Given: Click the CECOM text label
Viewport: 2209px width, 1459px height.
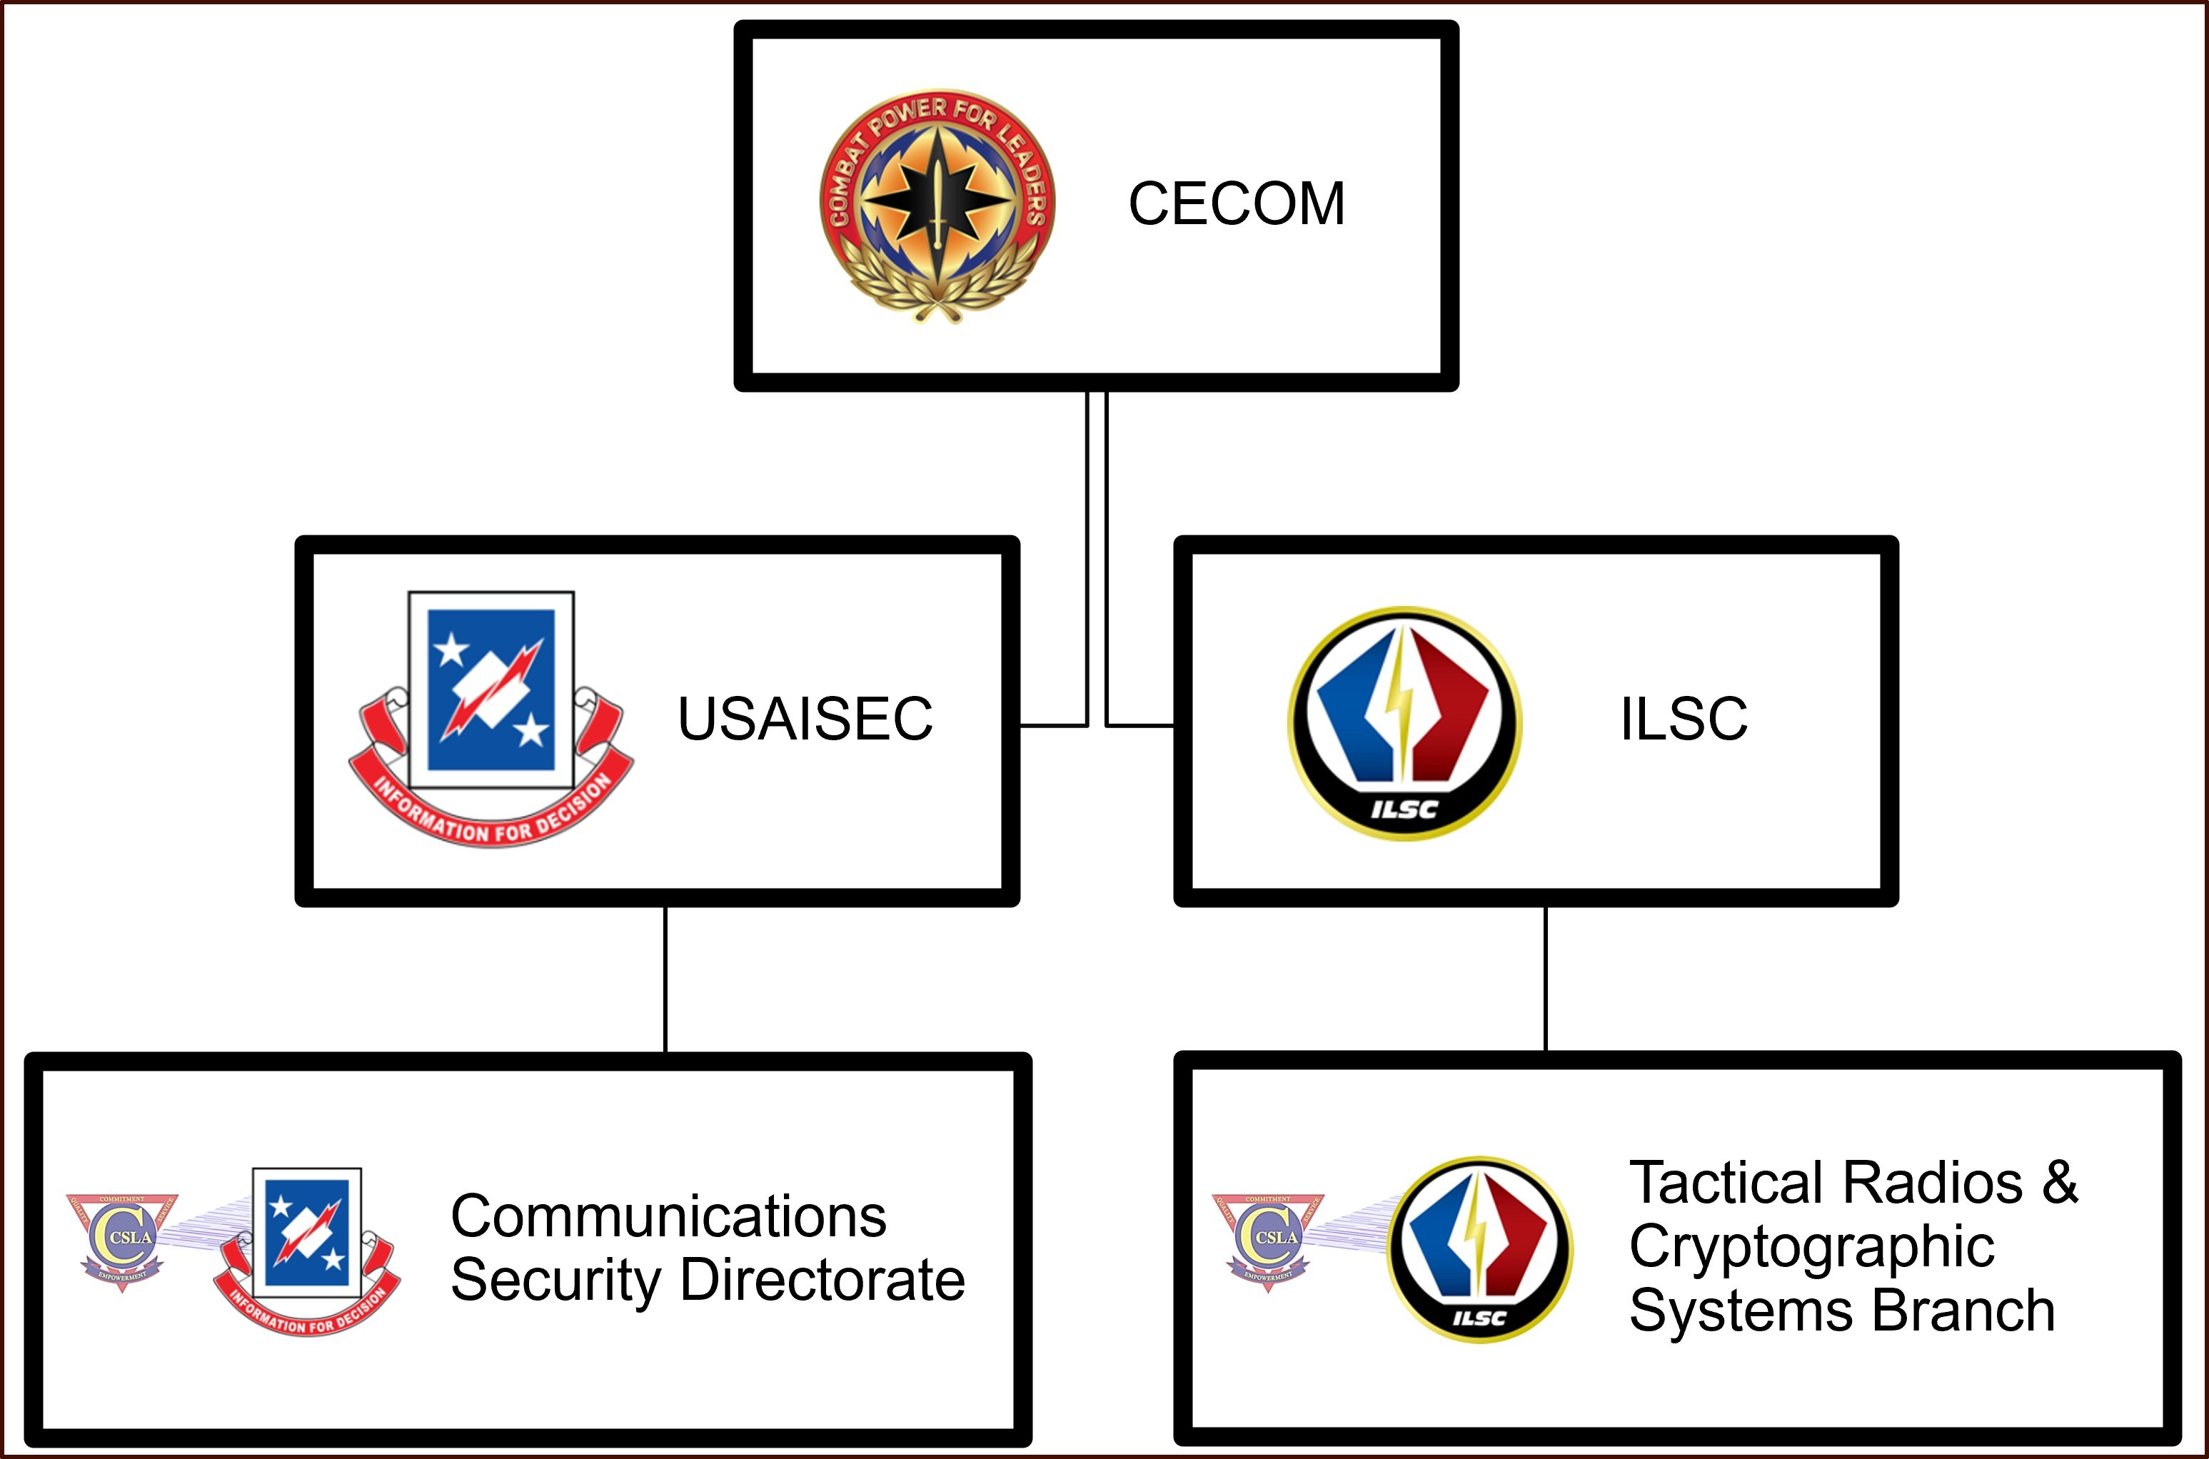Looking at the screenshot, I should (1236, 203).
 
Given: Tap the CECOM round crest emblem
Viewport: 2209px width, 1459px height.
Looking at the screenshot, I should (936, 206).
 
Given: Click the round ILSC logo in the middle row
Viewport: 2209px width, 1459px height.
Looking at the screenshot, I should (1404, 723).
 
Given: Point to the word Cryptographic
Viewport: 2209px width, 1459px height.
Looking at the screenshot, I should (1811, 1248).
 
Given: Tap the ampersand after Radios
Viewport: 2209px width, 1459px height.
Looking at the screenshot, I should (2060, 1183).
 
